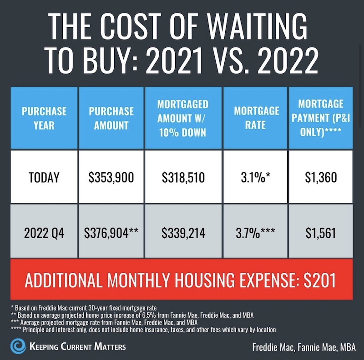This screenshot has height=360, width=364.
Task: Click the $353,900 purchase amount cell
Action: (111, 177)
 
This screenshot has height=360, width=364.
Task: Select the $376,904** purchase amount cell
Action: (111, 234)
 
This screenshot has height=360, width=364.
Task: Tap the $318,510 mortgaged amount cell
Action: (183, 177)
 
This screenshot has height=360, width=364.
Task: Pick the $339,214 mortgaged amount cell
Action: (183, 234)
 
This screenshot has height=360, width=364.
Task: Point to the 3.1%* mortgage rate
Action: (255, 177)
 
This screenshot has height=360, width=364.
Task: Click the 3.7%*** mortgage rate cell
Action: (255, 234)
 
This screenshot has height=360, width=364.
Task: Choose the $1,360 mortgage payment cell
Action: (321, 177)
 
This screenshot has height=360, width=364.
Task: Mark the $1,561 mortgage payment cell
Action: (321, 234)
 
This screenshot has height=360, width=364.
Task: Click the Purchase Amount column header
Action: (111, 118)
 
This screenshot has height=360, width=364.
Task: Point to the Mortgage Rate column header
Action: (255, 118)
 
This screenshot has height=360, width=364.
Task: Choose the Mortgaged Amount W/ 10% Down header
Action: (183, 118)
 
